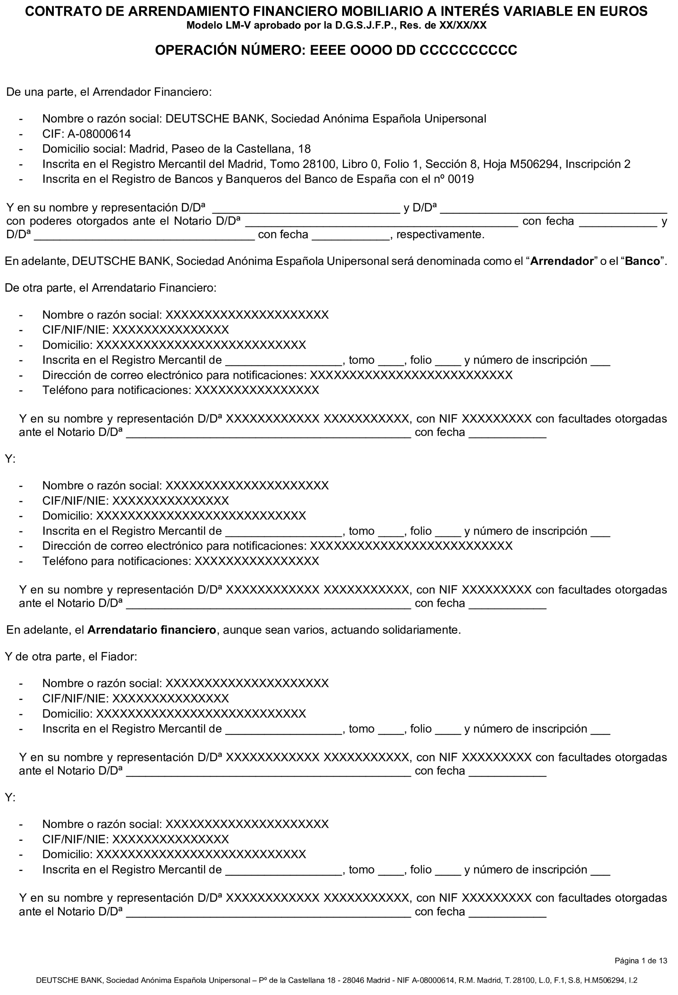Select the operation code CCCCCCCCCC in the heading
(468, 51)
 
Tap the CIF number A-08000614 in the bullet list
(99, 134)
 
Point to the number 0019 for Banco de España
(461, 179)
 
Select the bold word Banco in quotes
(642, 261)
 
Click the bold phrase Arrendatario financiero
(152, 630)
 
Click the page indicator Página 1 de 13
(641, 961)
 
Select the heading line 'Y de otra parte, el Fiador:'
(71, 657)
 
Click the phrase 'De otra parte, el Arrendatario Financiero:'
(110, 288)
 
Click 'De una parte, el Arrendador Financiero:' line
(109, 92)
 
